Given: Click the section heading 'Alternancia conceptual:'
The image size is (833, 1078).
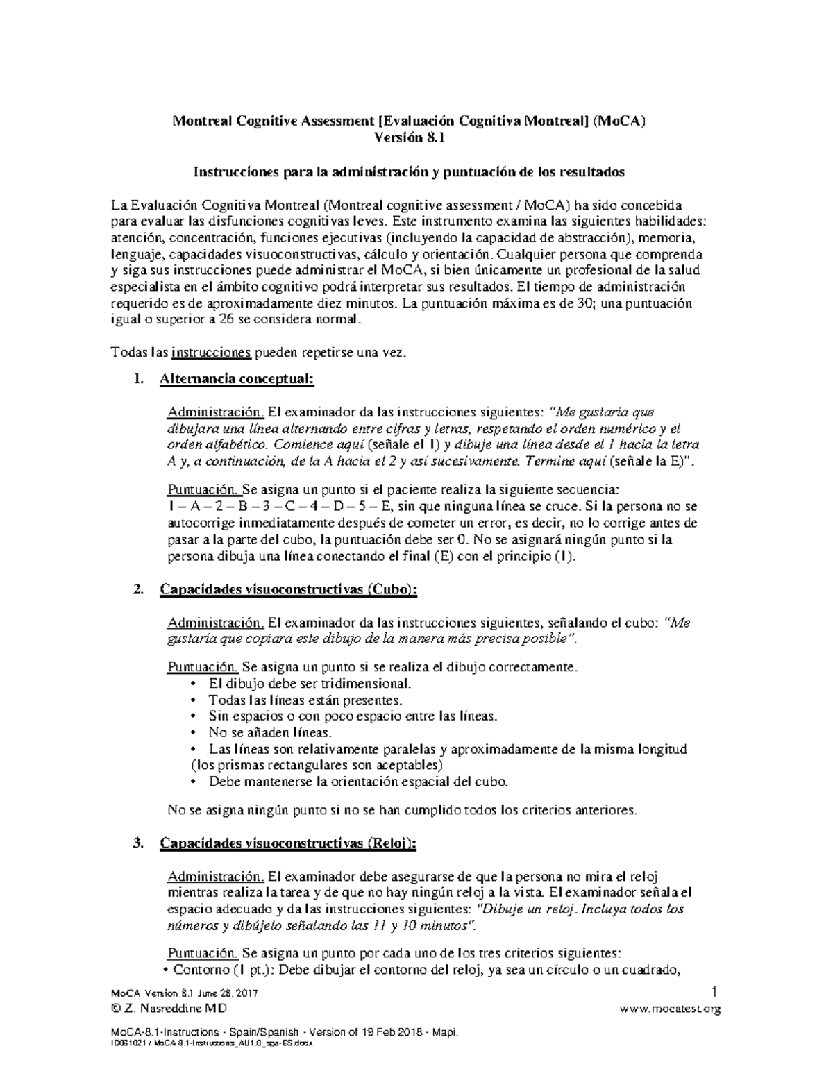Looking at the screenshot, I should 237,379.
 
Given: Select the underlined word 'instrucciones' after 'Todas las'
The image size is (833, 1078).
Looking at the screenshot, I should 211,353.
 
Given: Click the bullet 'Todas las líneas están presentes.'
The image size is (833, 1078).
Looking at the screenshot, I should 305,700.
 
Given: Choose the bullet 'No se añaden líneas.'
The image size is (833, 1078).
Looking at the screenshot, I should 270,732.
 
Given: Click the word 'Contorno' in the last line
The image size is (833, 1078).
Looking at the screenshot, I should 199,970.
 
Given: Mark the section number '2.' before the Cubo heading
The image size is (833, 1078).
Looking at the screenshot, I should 137,589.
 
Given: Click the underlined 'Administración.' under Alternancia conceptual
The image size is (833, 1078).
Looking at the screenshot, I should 215,412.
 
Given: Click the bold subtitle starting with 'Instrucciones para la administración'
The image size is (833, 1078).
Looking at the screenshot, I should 409,171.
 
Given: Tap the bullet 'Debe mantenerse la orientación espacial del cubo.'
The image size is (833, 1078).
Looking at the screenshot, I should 358,782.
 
